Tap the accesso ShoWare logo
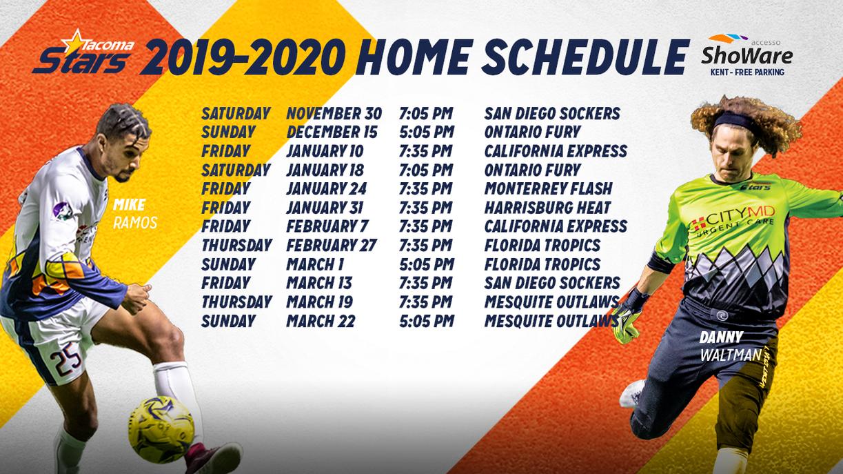[746, 54]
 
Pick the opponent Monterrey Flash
[548, 188]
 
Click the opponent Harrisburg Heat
[547, 208]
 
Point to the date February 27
[330, 245]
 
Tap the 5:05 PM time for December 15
[426, 132]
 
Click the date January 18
[326, 170]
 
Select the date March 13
[319, 283]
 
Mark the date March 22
[321, 321]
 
